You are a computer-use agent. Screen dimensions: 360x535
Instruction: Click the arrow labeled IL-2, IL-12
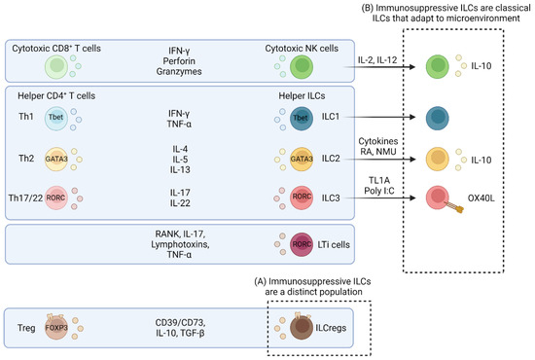point(377,67)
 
